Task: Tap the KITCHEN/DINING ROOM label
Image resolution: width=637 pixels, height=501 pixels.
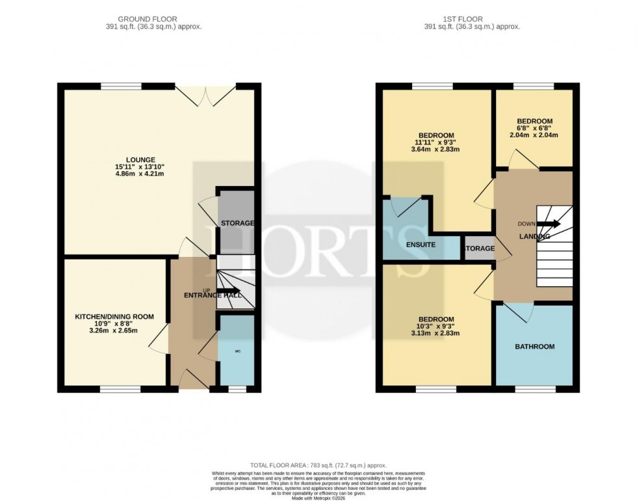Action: click(x=114, y=317)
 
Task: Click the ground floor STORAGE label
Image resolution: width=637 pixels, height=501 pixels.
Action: click(x=237, y=223)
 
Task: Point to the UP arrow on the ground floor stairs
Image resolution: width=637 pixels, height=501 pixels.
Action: click(x=228, y=291)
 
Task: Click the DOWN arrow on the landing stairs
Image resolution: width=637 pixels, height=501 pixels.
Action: click(x=547, y=224)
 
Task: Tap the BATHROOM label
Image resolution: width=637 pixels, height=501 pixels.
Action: click(x=534, y=347)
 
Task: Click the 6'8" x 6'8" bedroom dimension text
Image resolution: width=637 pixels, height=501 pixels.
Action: click(x=534, y=128)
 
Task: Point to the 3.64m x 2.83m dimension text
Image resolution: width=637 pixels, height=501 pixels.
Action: click(x=435, y=149)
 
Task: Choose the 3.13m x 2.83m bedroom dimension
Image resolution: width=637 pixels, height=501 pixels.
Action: click(x=435, y=334)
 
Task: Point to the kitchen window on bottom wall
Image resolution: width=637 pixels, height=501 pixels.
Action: click(x=120, y=389)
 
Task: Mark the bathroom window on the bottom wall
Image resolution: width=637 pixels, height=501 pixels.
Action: click(x=535, y=389)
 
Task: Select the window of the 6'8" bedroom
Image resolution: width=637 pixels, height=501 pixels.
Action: click(x=533, y=87)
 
